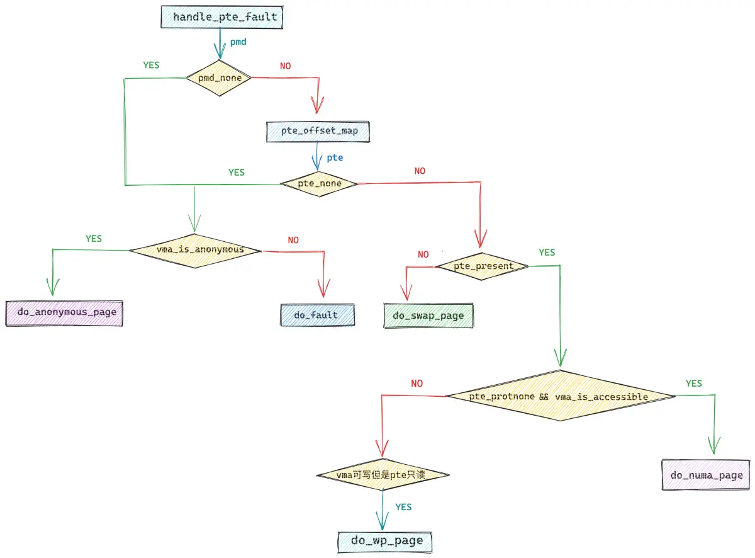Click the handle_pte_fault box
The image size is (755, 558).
coord(222,17)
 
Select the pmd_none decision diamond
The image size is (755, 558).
coord(219,78)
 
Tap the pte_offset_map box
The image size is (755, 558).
coord(318,132)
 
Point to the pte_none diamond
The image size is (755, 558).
coord(319,184)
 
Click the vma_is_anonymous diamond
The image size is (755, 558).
coord(196,251)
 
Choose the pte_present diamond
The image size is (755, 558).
coord(483,266)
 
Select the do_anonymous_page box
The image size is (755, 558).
coord(64,314)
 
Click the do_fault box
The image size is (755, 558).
coord(318,316)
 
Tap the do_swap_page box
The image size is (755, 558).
coord(428,316)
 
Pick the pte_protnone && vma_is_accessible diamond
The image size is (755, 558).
coord(561,396)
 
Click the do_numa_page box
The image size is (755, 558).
coord(706,475)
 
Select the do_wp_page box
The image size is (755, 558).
coord(385,542)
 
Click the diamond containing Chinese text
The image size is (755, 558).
coord(383,474)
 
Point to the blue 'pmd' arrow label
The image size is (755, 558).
coord(238,42)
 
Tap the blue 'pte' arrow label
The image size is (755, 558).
coord(335,158)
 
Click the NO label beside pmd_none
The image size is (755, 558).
coord(285,66)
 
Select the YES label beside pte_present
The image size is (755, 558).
coord(547,253)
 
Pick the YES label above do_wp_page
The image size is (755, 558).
coord(403,507)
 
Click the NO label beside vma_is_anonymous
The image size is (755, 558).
coord(293,241)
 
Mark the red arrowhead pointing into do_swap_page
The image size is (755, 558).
coord(406,292)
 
